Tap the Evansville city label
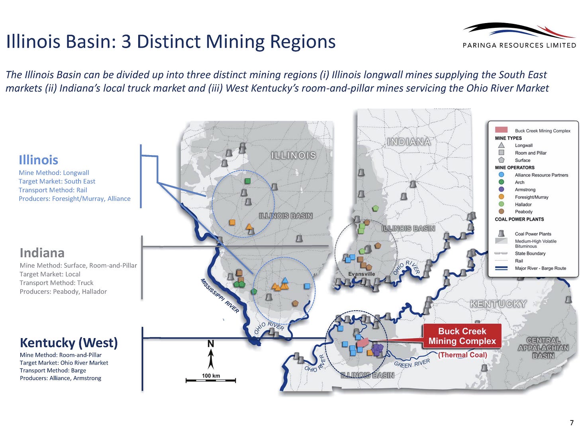pyautogui.click(x=361, y=274)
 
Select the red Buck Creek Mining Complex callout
pyautogui.click(x=462, y=336)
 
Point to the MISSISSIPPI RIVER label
pyautogui.click(x=219, y=296)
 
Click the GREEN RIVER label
pyautogui.click(x=412, y=363)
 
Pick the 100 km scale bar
pyautogui.click(x=211, y=380)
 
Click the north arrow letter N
pyautogui.click(x=211, y=344)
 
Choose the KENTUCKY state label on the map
pyautogui.click(x=498, y=304)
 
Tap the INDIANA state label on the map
pyautogui.click(x=409, y=142)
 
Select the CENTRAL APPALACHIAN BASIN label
pyautogui.click(x=543, y=348)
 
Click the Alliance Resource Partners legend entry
pyautogui.click(x=541, y=175)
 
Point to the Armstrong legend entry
pyautogui.click(x=525, y=190)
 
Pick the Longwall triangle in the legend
pyautogui.click(x=502, y=145)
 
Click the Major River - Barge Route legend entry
pyautogui.click(x=540, y=269)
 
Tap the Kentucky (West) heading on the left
pyautogui.click(x=69, y=342)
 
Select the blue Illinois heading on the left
pyautogui.click(x=38, y=160)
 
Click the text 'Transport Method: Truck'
pyautogui.click(x=57, y=283)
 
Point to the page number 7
pyautogui.click(x=572, y=422)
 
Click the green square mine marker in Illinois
pyautogui.click(x=247, y=181)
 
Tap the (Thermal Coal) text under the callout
pyautogui.click(x=462, y=355)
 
